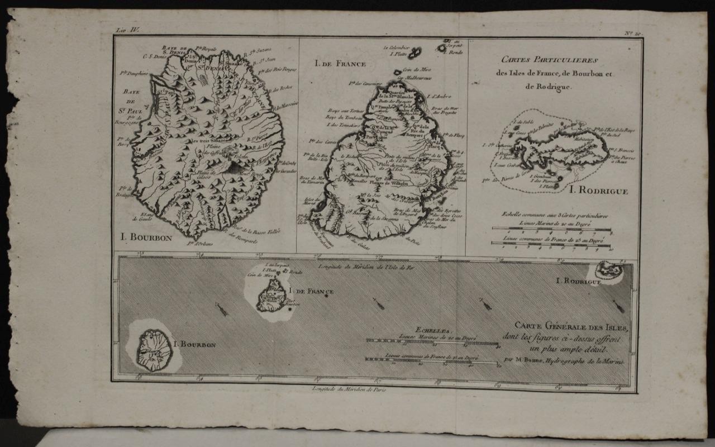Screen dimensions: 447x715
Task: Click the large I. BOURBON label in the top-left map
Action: pyautogui.click(x=147, y=236)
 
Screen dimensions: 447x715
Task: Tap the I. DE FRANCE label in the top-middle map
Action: pyautogui.click(x=332, y=64)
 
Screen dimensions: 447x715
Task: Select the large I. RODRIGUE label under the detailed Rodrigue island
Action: pyautogui.click(x=599, y=191)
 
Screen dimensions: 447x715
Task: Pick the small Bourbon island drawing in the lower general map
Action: pyautogui.click(x=152, y=350)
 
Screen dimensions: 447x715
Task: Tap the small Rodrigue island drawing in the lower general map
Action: pyautogui.click(x=609, y=272)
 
